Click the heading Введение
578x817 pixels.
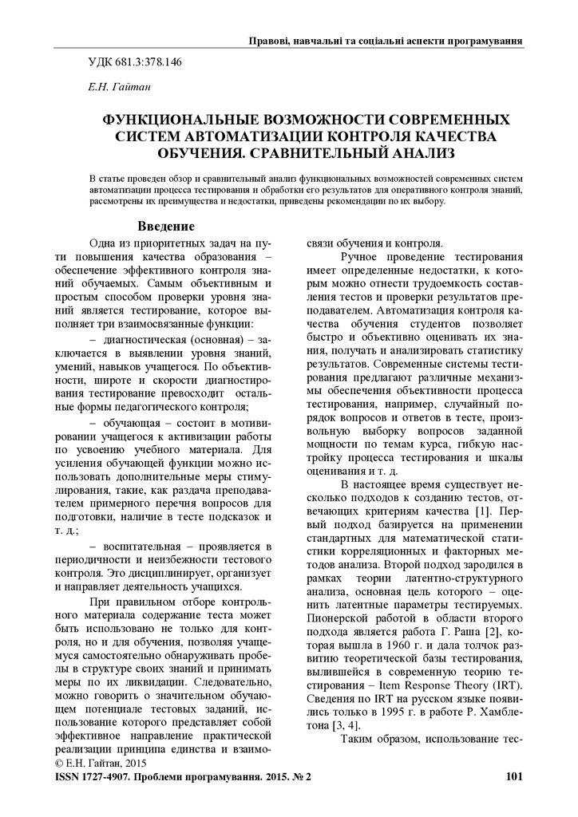(x=167, y=226)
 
